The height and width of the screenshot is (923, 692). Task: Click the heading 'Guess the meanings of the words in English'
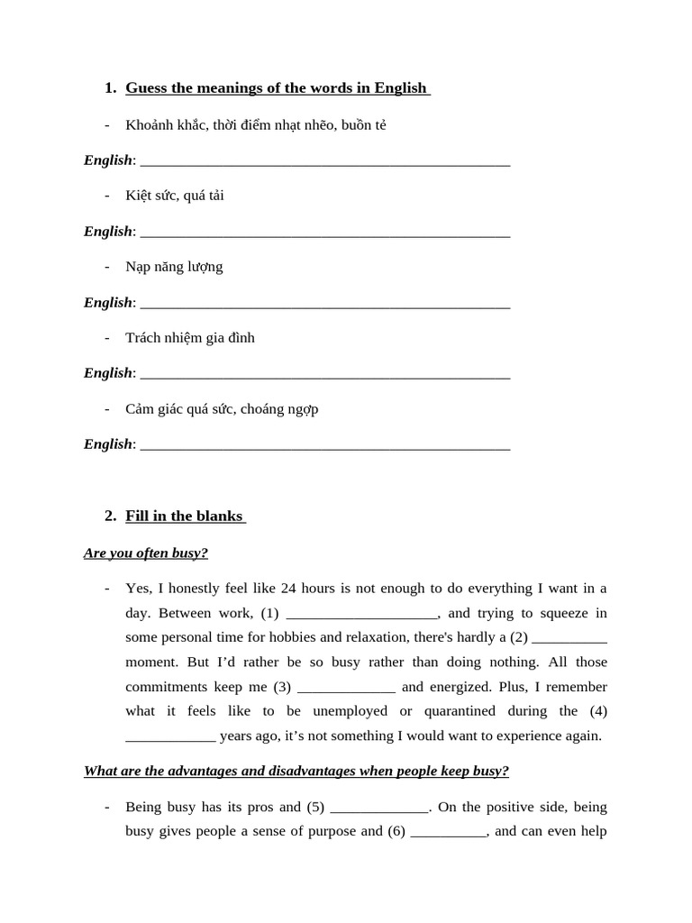coord(276,88)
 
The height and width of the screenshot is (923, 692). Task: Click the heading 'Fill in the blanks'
coord(184,516)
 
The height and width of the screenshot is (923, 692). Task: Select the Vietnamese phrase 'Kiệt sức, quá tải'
coord(175,196)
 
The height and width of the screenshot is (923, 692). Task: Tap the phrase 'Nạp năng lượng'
coord(174,267)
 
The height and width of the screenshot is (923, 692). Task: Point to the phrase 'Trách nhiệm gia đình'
coord(190,338)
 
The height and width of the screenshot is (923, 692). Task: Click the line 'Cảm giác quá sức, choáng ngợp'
coord(222,409)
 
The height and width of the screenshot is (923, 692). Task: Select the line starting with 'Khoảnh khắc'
coord(256,125)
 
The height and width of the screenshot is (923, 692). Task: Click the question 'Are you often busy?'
coord(146,553)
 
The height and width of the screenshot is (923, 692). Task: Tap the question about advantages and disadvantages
coord(296,771)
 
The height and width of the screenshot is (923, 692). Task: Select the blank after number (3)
coord(346,688)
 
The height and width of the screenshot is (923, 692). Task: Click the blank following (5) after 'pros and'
coord(380,808)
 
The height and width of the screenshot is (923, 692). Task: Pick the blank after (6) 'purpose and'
coord(449,832)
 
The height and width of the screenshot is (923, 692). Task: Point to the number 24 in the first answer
coord(288,589)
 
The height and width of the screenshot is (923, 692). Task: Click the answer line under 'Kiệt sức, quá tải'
coord(325,233)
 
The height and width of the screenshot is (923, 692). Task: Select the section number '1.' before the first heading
coord(111,88)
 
